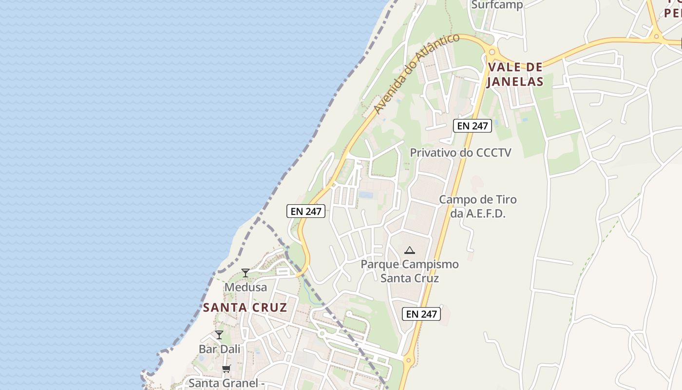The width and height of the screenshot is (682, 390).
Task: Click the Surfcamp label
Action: click(x=497, y=5)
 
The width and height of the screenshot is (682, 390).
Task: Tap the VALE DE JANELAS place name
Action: click(x=515, y=74)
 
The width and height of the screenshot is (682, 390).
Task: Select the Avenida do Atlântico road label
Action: click(x=417, y=74)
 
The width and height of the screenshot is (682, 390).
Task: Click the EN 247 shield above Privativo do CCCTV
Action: click(x=472, y=126)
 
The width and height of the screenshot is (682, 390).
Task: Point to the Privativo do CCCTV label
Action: click(x=460, y=153)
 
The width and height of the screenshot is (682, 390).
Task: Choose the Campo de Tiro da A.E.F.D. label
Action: click(x=477, y=206)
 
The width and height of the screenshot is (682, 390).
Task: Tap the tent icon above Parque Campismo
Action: click(x=409, y=251)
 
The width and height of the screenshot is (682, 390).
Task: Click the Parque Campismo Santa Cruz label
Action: click(x=409, y=271)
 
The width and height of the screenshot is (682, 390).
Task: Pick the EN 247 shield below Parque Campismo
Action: click(x=421, y=314)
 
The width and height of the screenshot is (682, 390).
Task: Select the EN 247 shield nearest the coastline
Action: click(x=305, y=211)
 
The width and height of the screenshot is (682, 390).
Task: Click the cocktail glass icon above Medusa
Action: click(x=246, y=273)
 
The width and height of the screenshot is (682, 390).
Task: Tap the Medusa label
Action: click(x=246, y=287)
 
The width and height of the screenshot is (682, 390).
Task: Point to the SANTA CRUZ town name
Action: click(x=245, y=308)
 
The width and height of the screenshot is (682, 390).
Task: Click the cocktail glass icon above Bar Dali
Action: click(x=219, y=335)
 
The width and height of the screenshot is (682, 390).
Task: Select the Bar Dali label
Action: click(x=220, y=349)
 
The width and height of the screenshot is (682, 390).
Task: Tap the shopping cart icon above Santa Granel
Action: click(x=226, y=369)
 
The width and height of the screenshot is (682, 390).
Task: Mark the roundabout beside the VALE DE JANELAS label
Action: click(x=492, y=52)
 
